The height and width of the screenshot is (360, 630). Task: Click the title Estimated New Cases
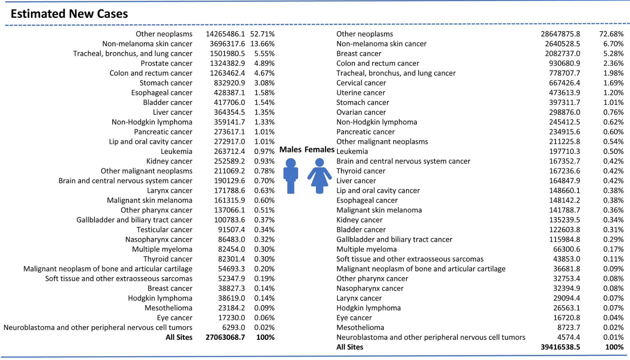(69, 14)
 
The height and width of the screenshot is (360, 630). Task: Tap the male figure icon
(290, 176)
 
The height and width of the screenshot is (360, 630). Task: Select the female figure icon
(320, 176)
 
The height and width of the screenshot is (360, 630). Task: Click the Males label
(290, 149)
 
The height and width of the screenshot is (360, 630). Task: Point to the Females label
(320, 149)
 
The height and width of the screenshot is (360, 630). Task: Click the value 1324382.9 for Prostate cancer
(227, 63)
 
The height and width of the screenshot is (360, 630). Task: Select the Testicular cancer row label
(165, 230)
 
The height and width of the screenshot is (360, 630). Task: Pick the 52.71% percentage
(262, 34)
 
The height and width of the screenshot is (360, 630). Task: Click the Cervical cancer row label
(361, 83)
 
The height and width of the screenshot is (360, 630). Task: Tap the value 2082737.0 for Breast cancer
(563, 54)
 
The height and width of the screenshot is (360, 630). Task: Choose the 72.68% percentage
(611, 34)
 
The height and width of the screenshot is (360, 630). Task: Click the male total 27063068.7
(225, 337)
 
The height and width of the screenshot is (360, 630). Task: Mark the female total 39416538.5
(560, 347)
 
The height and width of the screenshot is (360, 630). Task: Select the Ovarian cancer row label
(361, 112)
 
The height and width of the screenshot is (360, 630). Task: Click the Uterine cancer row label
(361, 93)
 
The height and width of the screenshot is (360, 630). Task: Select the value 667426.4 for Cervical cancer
(564, 83)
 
